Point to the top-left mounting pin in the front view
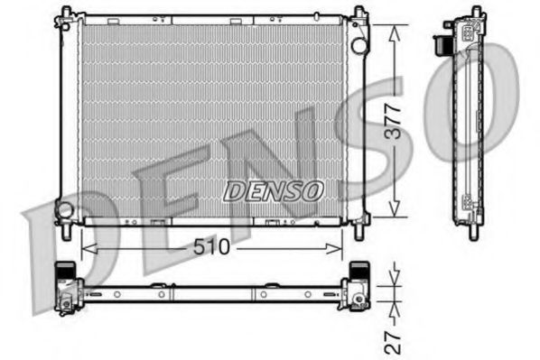coord(65,12)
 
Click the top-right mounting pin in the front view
coord(359,12)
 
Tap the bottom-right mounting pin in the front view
coord(359,232)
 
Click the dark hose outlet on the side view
coord(442,43)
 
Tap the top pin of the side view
coord(472,10)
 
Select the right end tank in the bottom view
coord(358,287)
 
